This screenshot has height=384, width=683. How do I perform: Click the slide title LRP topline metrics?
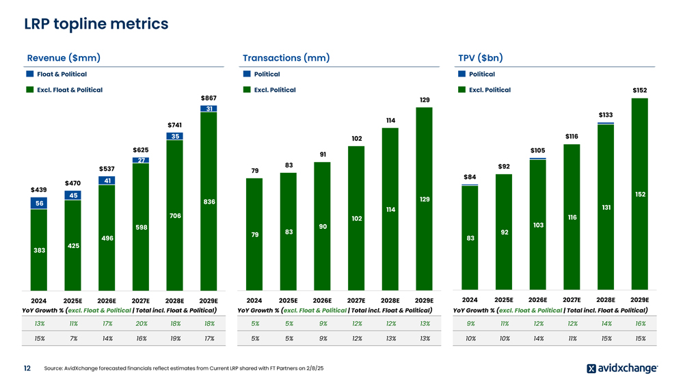pos(96,24)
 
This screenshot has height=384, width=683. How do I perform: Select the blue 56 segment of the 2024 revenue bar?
pos(39,204)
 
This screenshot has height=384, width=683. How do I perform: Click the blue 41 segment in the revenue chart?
pos(107,180)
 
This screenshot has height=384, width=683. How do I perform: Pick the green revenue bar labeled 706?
pos(175,215)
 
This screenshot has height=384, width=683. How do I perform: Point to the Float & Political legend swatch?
pos(30,74)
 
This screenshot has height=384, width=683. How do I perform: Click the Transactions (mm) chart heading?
pos(286,58)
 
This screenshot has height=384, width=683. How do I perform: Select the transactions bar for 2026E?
pos(322,225)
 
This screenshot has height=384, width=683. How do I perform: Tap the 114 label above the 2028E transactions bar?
pos(390,120)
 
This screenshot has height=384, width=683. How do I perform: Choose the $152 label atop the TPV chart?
pos(640,90)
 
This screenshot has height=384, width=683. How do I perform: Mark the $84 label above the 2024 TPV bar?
pos(470,177)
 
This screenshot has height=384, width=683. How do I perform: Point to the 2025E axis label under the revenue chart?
pos(72,300)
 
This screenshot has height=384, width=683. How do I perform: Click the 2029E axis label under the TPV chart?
pos(640,299)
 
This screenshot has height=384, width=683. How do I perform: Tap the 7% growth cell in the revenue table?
pos(72,338)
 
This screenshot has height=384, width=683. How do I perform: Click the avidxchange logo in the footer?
pos(621,368)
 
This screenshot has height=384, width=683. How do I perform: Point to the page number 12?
pos(27,368)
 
